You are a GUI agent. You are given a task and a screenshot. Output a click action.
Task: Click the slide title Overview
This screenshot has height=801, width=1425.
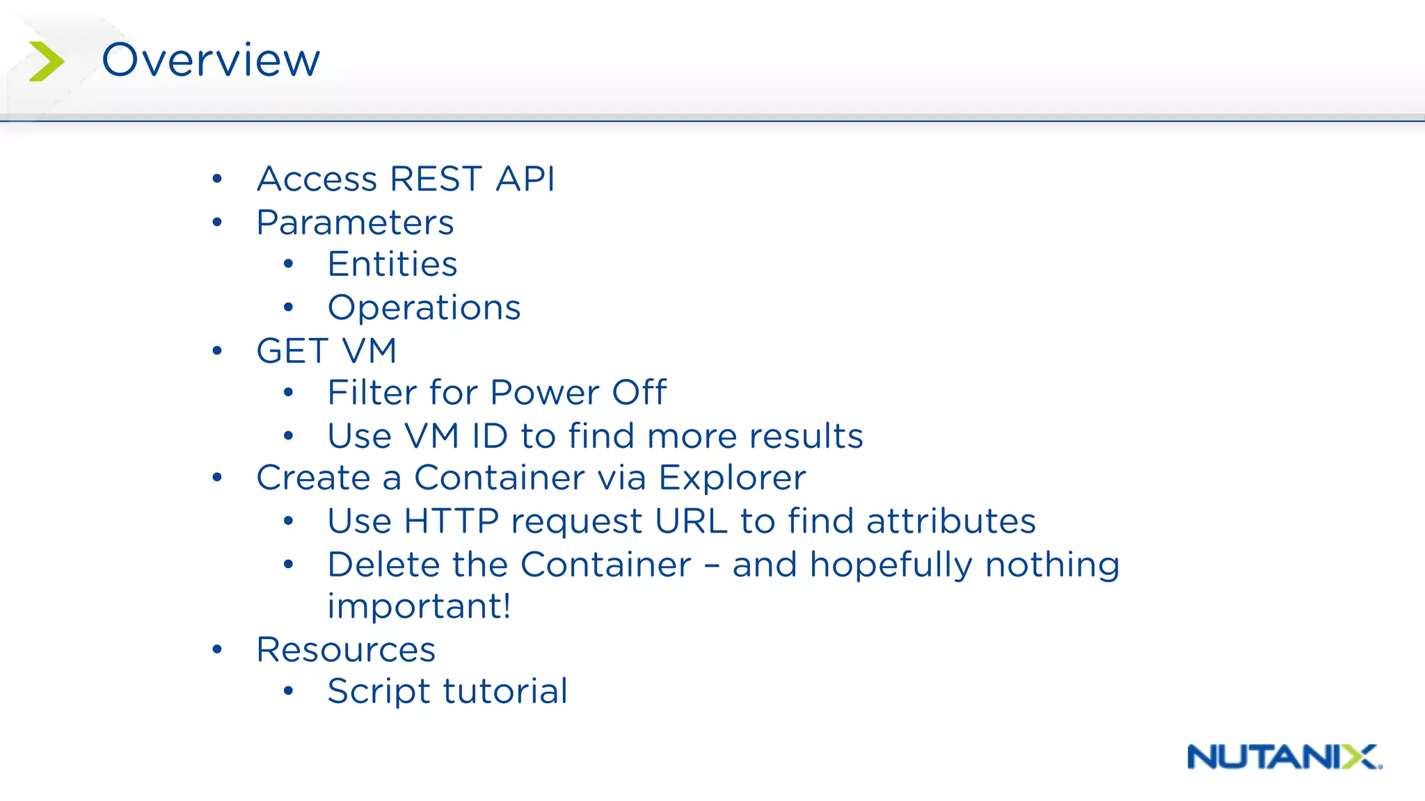click(x=211, y=60)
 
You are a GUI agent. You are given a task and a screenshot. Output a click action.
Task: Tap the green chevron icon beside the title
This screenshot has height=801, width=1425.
click(x=46, y=61)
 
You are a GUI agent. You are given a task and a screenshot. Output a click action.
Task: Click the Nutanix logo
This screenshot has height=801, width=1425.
click(x=1284, y=756)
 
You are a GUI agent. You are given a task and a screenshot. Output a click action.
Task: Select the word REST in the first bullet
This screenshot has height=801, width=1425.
click(x=436, y=179)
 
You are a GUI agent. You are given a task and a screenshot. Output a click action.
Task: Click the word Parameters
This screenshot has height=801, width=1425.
click(x=355, y=222)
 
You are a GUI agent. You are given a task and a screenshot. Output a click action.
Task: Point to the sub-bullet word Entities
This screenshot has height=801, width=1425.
click(x=392, y=264)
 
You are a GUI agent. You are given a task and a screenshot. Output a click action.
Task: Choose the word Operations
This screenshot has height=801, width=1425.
click(x=424, y=307)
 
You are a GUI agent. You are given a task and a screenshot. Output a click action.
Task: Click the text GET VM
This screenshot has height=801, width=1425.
click(x=326, y=350)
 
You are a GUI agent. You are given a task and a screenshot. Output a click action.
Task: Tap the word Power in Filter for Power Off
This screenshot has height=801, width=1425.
click(x=544, y=392)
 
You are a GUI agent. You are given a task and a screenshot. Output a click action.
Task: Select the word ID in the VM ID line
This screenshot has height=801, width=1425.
click(x=490, y=436)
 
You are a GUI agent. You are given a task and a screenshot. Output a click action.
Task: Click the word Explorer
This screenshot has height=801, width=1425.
click(x=732, y=478)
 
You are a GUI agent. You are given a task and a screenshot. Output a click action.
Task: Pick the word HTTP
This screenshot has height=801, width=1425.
click(x=451, y=521)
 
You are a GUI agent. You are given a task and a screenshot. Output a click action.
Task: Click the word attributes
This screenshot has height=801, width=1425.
click(x=950, y=521)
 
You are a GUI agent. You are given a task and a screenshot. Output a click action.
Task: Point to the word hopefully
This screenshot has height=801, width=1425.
click(x=891, y=565)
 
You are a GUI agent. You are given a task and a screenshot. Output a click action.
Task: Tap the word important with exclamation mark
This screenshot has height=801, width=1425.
click(x=419, y=606)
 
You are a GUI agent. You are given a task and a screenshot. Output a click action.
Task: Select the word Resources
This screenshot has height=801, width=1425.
click(x=346, y=649)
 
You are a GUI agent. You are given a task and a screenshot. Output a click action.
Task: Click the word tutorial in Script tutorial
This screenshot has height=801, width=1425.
click(x=505, y=691)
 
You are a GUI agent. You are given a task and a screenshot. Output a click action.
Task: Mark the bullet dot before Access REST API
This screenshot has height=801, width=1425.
click(x=217, y=179)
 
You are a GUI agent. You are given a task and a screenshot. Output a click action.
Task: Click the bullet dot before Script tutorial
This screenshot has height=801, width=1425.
click(x=289, y=691)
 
